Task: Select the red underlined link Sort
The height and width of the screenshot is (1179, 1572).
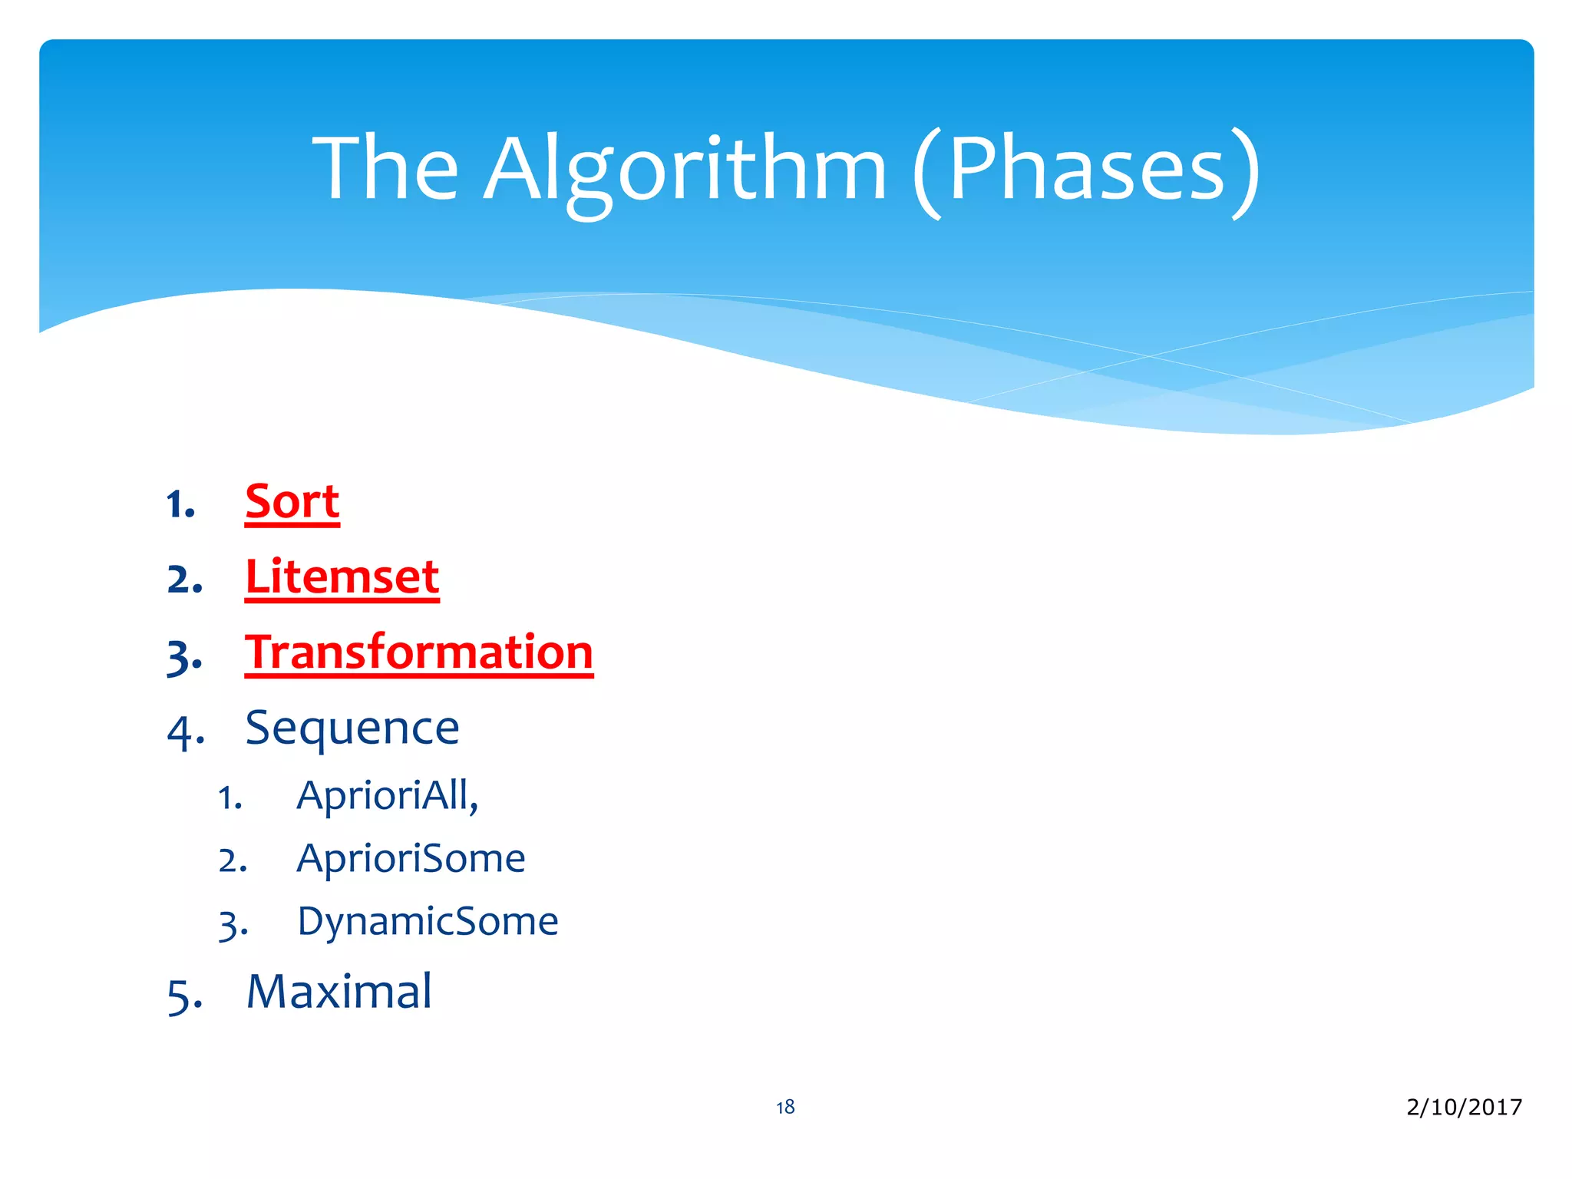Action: (x=292, y=503)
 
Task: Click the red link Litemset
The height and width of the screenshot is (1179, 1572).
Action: (x=342, y=577)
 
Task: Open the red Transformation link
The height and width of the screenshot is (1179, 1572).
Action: (x=419, y=652)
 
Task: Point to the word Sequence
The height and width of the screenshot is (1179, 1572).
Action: (x=352, y=728)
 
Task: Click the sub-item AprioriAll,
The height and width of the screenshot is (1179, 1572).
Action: (x=388, y=795)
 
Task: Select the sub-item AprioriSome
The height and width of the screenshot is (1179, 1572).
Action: (x=411, y=858)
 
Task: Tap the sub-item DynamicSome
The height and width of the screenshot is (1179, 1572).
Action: (x=428, y=921)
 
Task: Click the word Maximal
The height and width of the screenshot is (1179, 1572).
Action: (x=339, y=992)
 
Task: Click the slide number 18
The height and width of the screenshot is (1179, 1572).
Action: (x=785, y=1107)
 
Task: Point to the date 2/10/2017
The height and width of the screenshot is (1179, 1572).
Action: (x=1464, y=1107)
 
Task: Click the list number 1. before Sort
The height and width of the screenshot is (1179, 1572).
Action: (x=181, y=505)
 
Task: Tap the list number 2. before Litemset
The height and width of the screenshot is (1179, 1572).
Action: (x=185, y=580)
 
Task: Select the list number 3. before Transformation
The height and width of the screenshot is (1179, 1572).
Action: (x=185, y=657)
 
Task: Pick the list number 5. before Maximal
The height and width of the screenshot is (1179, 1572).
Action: (x=185, y=996)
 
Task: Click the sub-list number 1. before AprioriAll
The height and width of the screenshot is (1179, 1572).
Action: (x=230, y=798)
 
